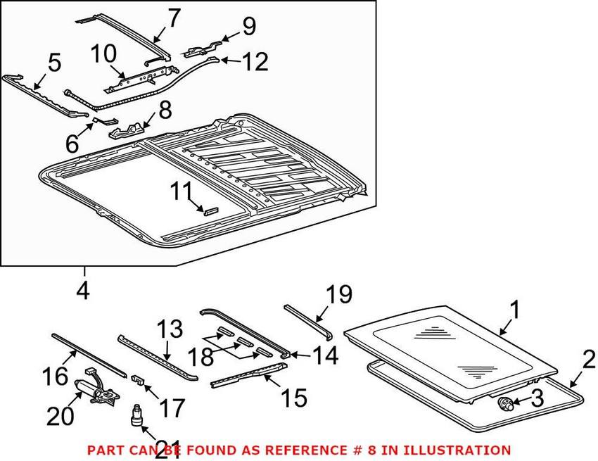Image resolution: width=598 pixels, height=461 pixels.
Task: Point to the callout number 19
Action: [x=339, y=294]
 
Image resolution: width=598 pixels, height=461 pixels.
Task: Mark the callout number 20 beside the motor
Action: [x=60, y=417]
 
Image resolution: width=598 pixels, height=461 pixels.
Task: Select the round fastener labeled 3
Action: [x=504, y=403]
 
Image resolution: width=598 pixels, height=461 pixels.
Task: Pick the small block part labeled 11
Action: [x=210, y=209]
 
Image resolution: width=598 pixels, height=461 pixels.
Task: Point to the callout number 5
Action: [x=54, y=65]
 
